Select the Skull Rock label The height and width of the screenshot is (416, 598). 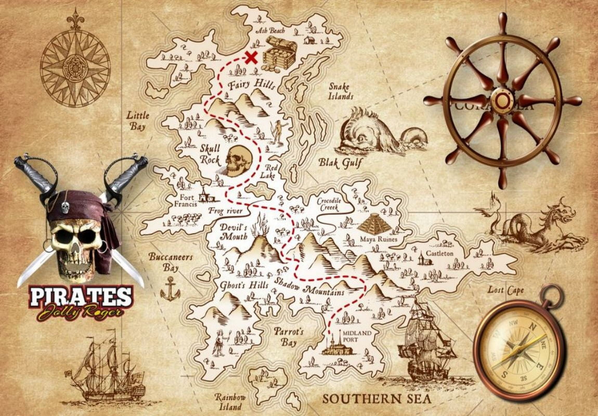point(210,154)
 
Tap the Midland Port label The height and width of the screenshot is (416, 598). point(356,336)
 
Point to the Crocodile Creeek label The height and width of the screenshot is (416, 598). point(329,204)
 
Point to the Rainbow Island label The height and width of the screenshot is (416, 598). point(230,401)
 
